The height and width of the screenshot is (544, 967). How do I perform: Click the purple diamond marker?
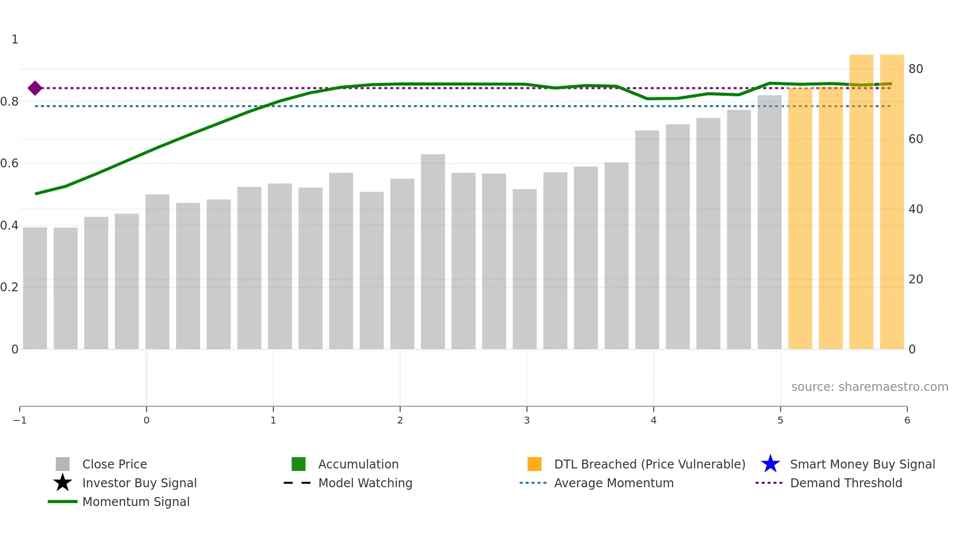pos(35,88)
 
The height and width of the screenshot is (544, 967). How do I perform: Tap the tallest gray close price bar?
pos(769,222)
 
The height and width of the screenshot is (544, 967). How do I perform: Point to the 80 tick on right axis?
pos(915,69)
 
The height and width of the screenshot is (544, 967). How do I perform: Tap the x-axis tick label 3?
pos(526,421)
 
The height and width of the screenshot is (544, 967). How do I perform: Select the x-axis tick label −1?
pos(20,421)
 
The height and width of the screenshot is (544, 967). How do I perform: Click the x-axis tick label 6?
pos(907,421)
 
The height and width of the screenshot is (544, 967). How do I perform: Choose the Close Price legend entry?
pos(114,465)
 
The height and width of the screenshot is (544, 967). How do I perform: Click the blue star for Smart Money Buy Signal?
pos(770,464)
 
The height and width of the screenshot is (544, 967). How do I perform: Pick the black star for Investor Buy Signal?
pos(63,483)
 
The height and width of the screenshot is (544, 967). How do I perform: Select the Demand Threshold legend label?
pos(846,483)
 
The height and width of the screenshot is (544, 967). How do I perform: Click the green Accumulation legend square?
pos(298,464)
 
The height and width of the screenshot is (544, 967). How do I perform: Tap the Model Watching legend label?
pos(365,483)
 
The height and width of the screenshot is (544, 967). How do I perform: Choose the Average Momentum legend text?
pos(614,483)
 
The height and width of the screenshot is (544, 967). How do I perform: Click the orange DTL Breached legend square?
pos(534,464)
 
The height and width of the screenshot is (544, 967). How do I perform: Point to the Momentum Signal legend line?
pos(63,502)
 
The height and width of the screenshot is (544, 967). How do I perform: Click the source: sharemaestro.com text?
pos(869,387)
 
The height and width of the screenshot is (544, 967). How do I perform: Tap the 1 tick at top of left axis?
pos(15,39)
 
